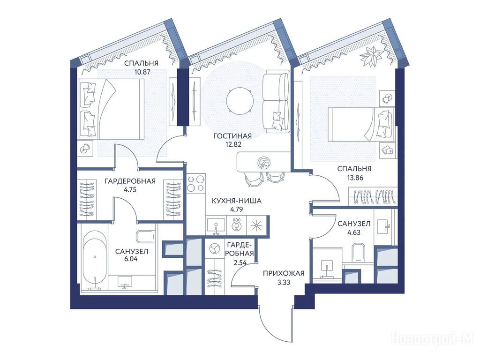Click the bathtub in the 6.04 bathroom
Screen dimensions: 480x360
click(x=95, y=261)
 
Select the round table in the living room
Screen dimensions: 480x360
click(x=240, y=100)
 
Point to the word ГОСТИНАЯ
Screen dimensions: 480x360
click(x=232, y=136)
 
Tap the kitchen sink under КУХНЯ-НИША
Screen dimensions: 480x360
click(x=217, y=225)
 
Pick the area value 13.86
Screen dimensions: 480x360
click(x=354, y=177)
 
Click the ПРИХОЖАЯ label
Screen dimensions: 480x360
click(x=284, y=273)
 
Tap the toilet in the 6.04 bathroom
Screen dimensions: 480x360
click(x=146, y=236)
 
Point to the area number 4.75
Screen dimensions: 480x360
click(x=130, y=189)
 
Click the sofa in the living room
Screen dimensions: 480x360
click(x=276, y=101)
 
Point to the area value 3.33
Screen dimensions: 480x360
click(x=284, y=282)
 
